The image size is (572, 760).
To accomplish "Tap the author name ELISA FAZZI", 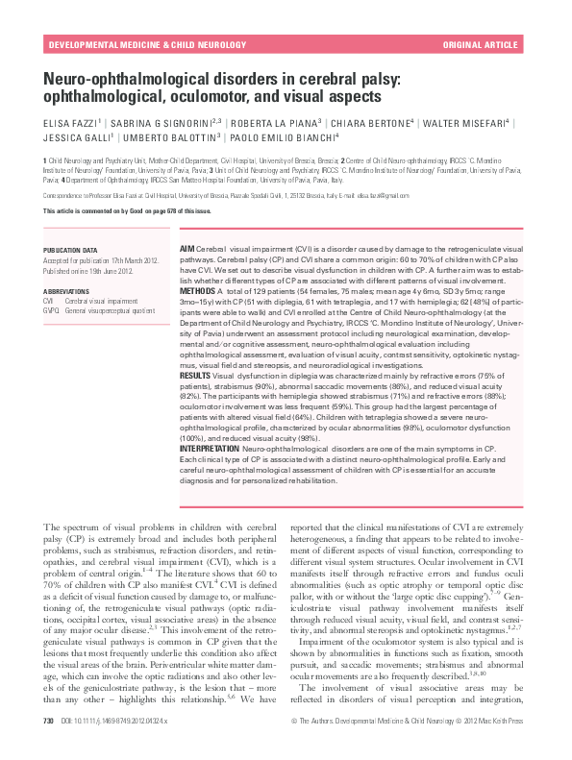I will click(70, 124).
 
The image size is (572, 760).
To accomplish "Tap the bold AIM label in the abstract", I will click(187, 249).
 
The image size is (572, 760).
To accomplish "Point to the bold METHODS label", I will click(197, 289).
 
